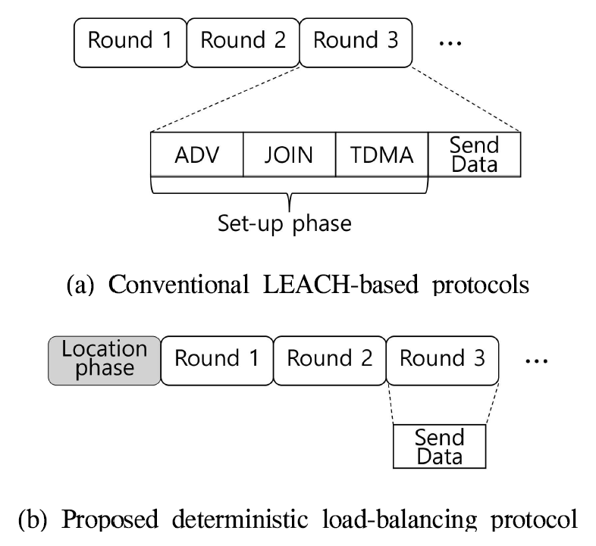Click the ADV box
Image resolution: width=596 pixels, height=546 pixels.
[x=197, y=154]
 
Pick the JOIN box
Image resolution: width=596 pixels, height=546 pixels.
[x=289, y=154]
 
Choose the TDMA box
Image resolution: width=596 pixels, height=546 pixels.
[x=381, y=154]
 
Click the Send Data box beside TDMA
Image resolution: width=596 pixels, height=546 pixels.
[x=475, y=154]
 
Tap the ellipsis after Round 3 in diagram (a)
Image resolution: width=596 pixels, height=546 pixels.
[x=451, y=41]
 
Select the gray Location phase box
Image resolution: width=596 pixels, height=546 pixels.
[x=105, y=358]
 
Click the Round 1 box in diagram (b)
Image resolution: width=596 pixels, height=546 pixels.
[x=216, y=358]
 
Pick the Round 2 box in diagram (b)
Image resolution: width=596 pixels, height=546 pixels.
[x=329, y=358]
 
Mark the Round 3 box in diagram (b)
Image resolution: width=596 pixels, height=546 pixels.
[x=443, y=358]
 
